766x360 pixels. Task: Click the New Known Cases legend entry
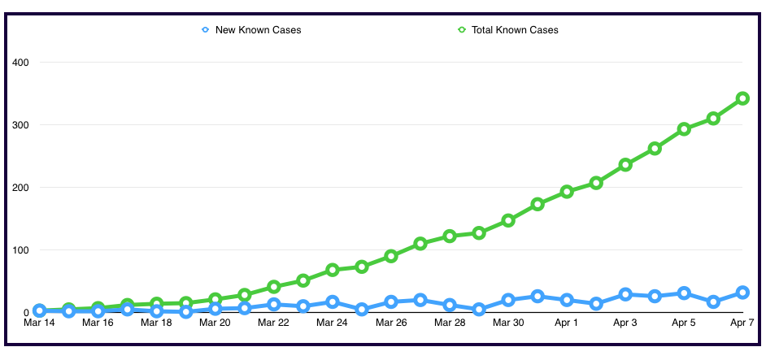(x=251, y=30)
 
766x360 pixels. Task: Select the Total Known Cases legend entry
(x=507, y=30)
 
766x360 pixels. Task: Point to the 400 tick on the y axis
(x=20, y=63)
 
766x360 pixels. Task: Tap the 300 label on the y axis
(x=20, y=125)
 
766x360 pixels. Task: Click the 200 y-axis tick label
(x=20, y=188)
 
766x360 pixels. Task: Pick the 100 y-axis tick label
(x=20, y=250)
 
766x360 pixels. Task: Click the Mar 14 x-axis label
(x=39, y=323)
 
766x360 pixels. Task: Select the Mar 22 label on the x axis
(x=273, y=323)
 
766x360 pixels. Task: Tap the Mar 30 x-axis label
(x=508, y=323)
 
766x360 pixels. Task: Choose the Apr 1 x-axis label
(x=567, y=323)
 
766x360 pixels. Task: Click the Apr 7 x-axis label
(x=741, y=323)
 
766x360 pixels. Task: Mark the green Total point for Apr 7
(x=742, y=98)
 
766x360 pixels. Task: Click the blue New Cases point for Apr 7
(x=742, y=293)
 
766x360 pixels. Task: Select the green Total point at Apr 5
(x=684, y=129)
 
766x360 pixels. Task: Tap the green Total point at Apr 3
(x=625, y=165)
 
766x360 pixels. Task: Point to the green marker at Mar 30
(x=508, y=220)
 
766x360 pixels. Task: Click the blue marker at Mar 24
(x=333, y=301)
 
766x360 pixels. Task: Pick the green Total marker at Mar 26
(x=391, y=256)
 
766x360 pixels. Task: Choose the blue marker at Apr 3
(x=625, y=294)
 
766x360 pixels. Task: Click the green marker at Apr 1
(x=567, y=192)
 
